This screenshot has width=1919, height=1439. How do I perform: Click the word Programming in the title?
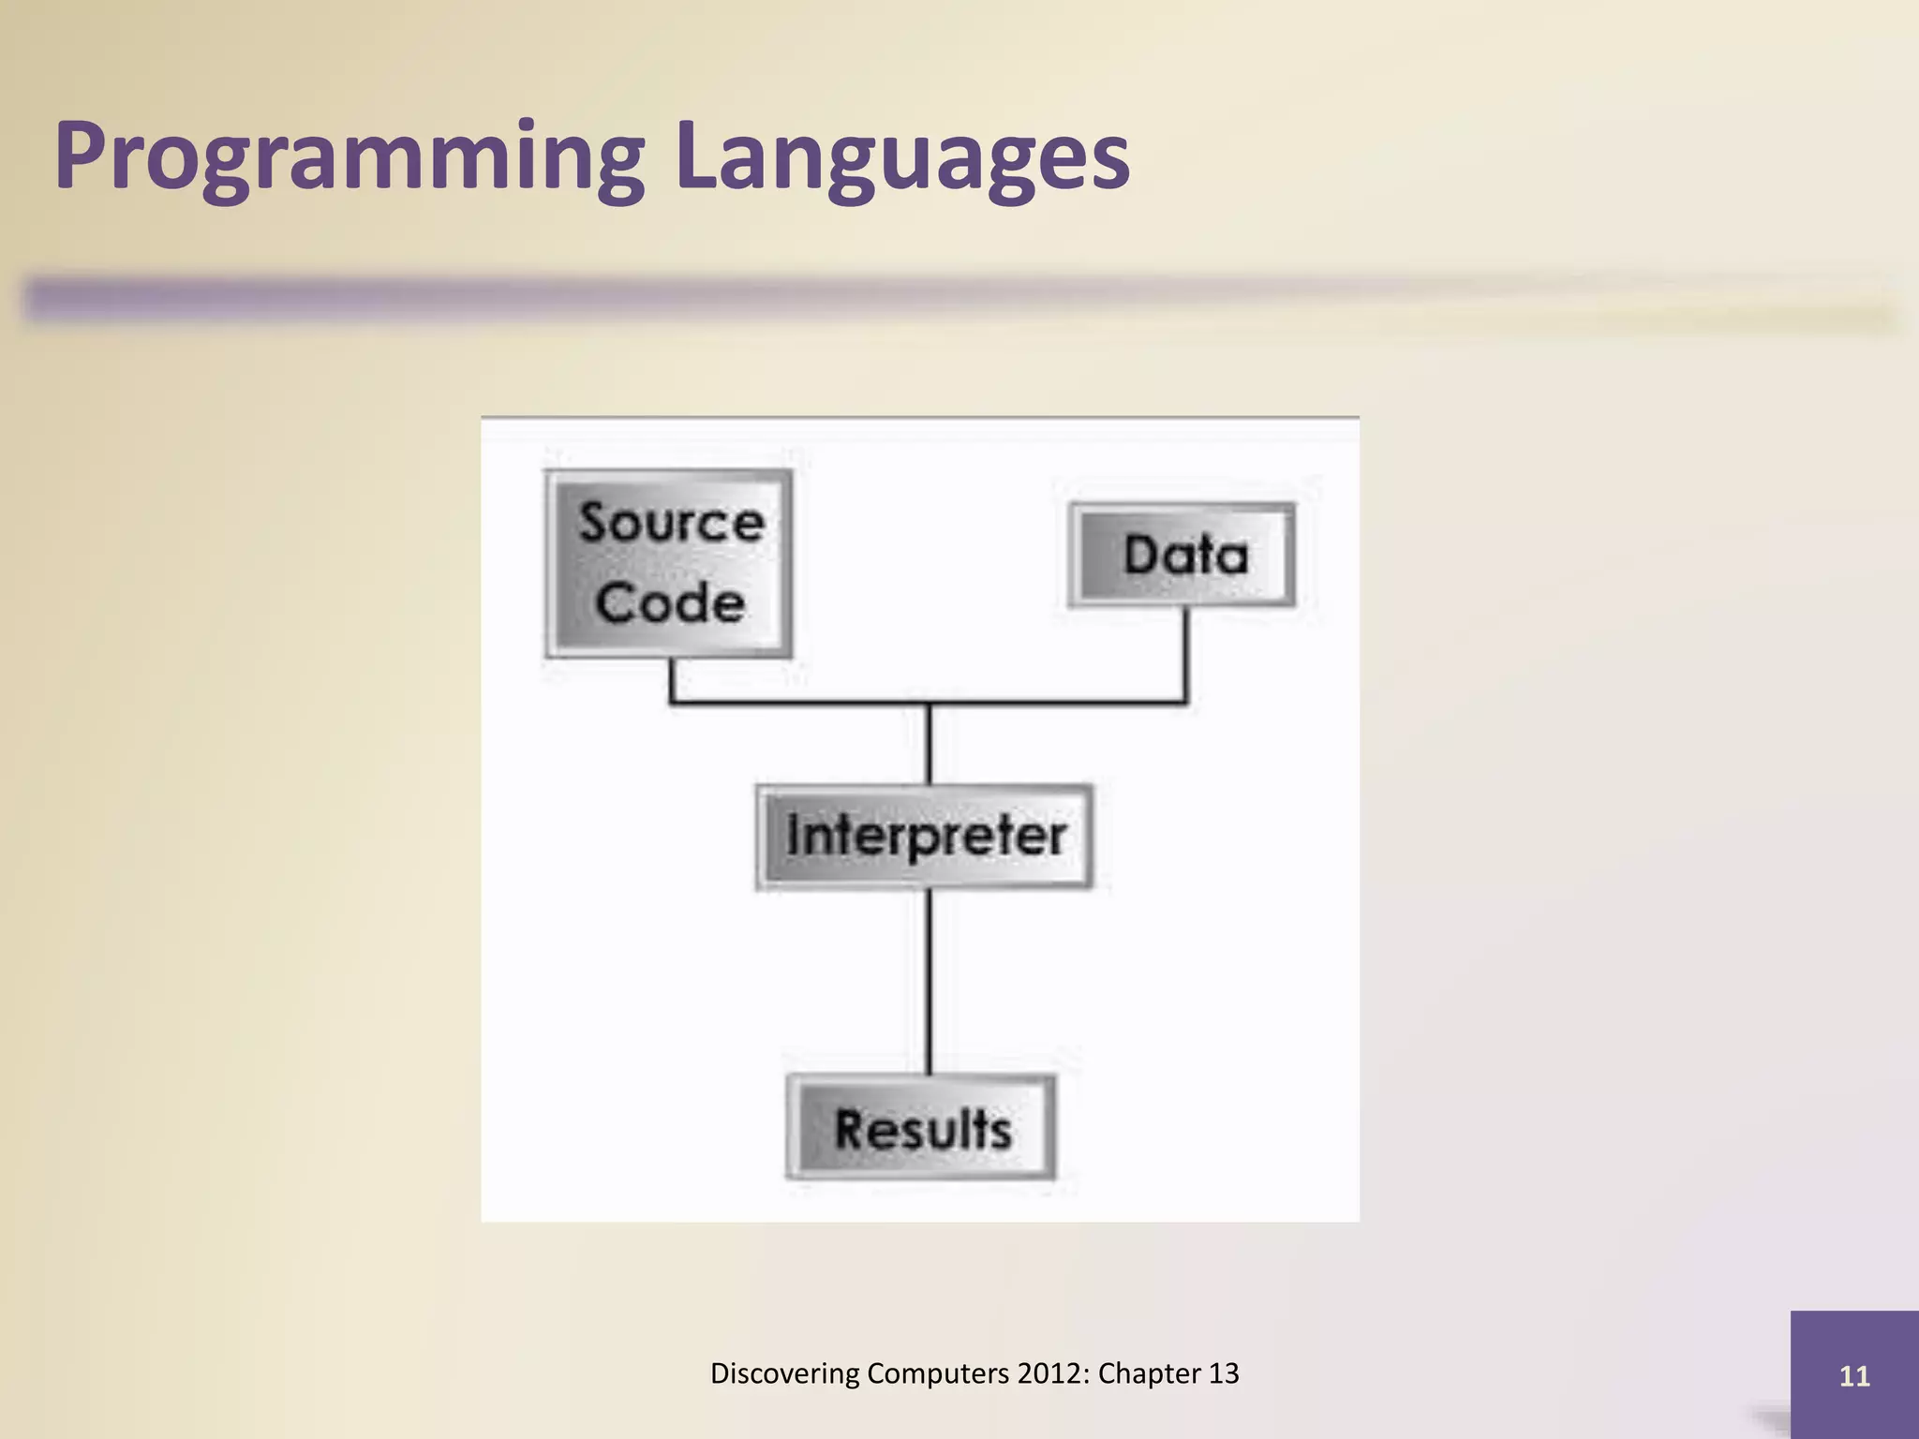point(349,157)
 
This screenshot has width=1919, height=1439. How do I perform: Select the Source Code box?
point(669,563)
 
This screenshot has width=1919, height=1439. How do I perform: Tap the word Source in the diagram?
point(671,522)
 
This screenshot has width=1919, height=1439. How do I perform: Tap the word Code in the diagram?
point(671,602)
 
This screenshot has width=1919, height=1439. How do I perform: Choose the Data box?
point(1183,555)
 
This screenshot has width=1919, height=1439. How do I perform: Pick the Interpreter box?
point(925,836)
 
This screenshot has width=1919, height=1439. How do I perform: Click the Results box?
point(922,1127)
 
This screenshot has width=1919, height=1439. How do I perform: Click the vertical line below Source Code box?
point(671,679)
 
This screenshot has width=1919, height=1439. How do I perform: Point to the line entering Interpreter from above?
point(929,745)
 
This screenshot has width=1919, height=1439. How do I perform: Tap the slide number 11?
point(1854,1376)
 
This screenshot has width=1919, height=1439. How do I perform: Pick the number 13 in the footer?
point(1224,1373)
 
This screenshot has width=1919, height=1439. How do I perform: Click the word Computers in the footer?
point(938,1373)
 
